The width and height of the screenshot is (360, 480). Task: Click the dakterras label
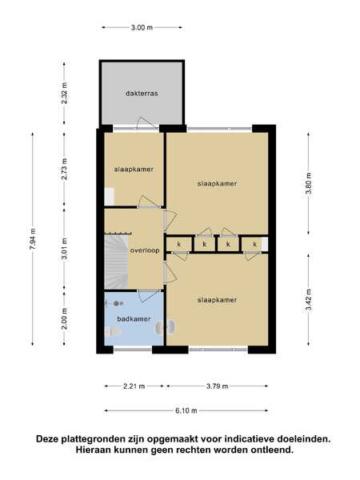pos(142,93)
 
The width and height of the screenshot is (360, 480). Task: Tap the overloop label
pos(145,250)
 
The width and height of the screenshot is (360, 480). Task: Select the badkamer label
pos(134,319)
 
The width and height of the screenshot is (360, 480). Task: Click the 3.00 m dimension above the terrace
pos(142,27)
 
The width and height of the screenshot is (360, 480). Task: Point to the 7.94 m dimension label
pos(33,238)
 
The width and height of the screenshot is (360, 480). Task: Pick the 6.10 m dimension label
pos(186,411)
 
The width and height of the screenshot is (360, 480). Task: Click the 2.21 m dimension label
pos(134,386)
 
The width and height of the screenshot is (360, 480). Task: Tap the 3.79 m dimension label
pos(217,386)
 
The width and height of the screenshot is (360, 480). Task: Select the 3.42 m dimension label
pos(309,300)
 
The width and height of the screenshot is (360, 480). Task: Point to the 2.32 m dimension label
pos(64,93)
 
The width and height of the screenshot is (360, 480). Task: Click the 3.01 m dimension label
pos(64,249)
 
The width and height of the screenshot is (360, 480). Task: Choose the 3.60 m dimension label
pos(309,183)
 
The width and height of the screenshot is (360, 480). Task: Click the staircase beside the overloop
pos(117,261)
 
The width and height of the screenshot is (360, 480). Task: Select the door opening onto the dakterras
pos(147,125)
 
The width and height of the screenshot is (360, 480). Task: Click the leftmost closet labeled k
pos(179,245)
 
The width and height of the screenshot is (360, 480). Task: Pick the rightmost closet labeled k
pos(254,245)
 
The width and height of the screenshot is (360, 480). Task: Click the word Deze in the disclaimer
pos(47,439)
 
